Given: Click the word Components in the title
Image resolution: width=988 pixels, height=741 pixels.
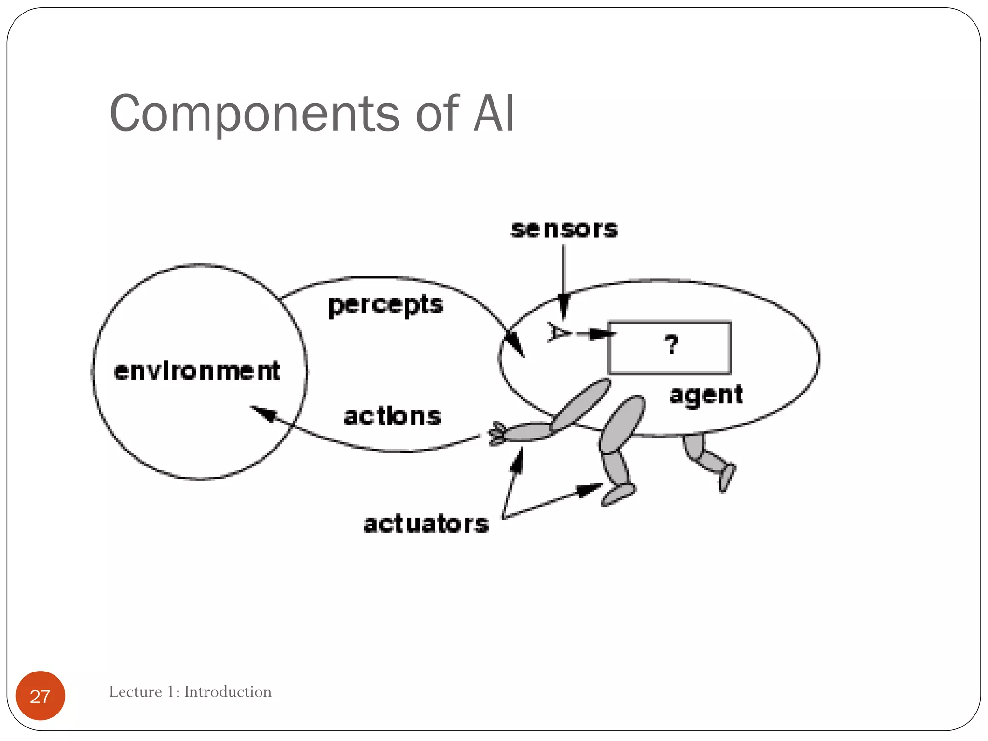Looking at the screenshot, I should (254, 114).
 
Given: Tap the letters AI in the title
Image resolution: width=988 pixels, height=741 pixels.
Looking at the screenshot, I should (494, 114).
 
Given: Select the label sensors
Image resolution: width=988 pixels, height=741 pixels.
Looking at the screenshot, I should (564, 229).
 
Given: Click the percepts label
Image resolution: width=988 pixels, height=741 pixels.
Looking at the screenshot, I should (385, 305).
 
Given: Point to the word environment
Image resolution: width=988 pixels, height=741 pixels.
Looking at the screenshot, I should (197, 371).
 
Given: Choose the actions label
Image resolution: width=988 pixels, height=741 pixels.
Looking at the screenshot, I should (392, 416).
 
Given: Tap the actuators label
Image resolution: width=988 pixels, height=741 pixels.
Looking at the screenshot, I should (425, 524).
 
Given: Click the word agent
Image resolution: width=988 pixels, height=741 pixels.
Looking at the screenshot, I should (706, 395).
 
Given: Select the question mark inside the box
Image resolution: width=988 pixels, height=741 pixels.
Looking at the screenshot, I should (671, 344).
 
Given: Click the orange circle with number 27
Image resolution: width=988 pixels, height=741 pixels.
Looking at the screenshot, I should (41, 696).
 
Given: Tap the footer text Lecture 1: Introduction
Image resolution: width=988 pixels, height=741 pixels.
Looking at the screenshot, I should (190, 692).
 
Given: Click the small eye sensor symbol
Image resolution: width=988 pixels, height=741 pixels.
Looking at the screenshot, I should (557, 332).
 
